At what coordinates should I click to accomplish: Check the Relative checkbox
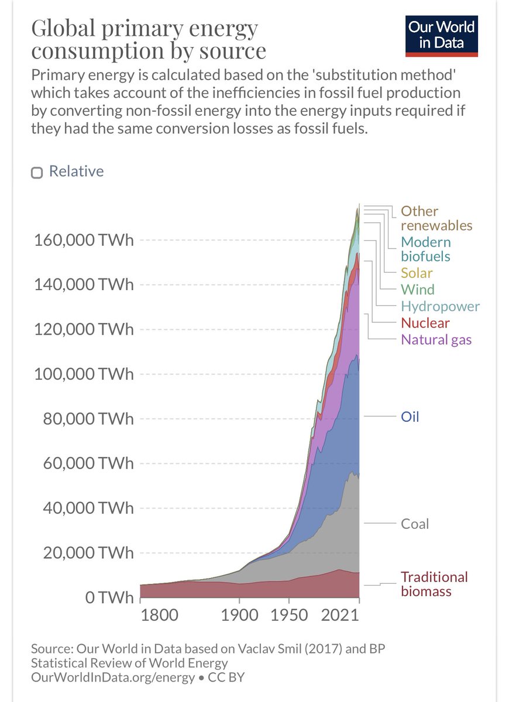pyautogui.click(x=37, y=173)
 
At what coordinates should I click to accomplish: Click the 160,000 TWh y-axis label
pyautogui.click(x=83, y=240)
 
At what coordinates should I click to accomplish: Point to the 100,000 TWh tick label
pyautogui.click(x=83, y=374)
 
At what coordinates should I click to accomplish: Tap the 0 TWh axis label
pyautogui.click(x=104, y=598)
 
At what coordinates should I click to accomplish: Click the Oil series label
pyautogui.click(x=410, y=417)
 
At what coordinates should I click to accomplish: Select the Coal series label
pyautogui.click(x=415, y=524)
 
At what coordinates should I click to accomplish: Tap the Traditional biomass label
pyautogui.click(x=434, y=584)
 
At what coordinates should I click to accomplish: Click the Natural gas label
pyautogui.click(x=436, y=339)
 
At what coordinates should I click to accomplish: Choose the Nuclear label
pyautogui.click(x=425, y=323)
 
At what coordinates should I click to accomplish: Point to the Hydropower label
pyautogui.click(x=440, y=306)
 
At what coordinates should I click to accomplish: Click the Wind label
pyautogui.click(x=417, y=289)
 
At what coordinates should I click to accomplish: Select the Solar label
pyautogui.click(x=417, y=272)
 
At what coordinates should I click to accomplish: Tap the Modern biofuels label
pyautogui.click(x=426, y=249)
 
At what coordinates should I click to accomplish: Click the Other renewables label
pyautogui.click(x=436, y=218)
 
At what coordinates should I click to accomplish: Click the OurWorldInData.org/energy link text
pyautogui.click(x=113, y=678)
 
